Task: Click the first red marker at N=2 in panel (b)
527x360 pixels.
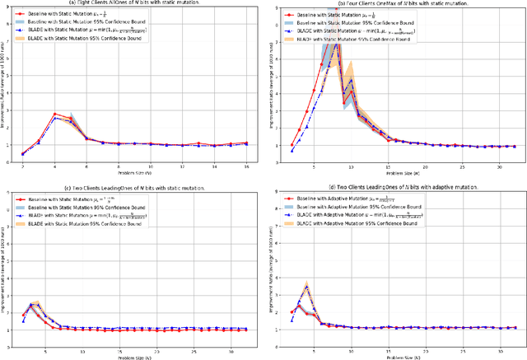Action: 292,146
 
